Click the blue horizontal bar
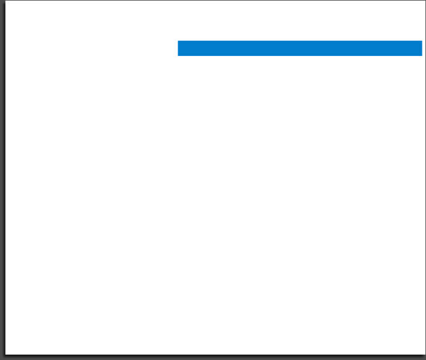point(300,48)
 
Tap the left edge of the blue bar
point(178,48)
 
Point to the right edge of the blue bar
point(422,48)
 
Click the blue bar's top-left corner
point(178,41)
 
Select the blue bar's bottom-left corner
point(178,55)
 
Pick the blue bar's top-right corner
point(422,41)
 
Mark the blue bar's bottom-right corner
point(422,55)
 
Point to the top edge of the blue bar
point(300,41)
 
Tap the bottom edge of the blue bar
point(300,55)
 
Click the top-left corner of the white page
point(5,1)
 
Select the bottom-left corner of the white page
point(5,354)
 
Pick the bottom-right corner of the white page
point(424,354)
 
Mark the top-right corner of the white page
point(424,1)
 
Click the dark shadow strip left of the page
point(2,180)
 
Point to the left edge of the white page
point(5,180)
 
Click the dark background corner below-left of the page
point(2,357)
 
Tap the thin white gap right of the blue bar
point(423,48)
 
